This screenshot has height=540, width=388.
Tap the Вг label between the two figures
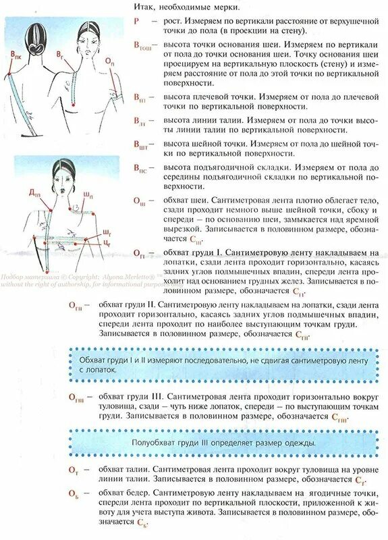61,51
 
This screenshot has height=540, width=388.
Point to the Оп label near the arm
109,61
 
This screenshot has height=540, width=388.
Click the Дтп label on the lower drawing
34,193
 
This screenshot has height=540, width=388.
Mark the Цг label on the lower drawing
107,242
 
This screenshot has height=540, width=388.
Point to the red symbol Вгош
142,45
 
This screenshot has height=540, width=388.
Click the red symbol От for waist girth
73,468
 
